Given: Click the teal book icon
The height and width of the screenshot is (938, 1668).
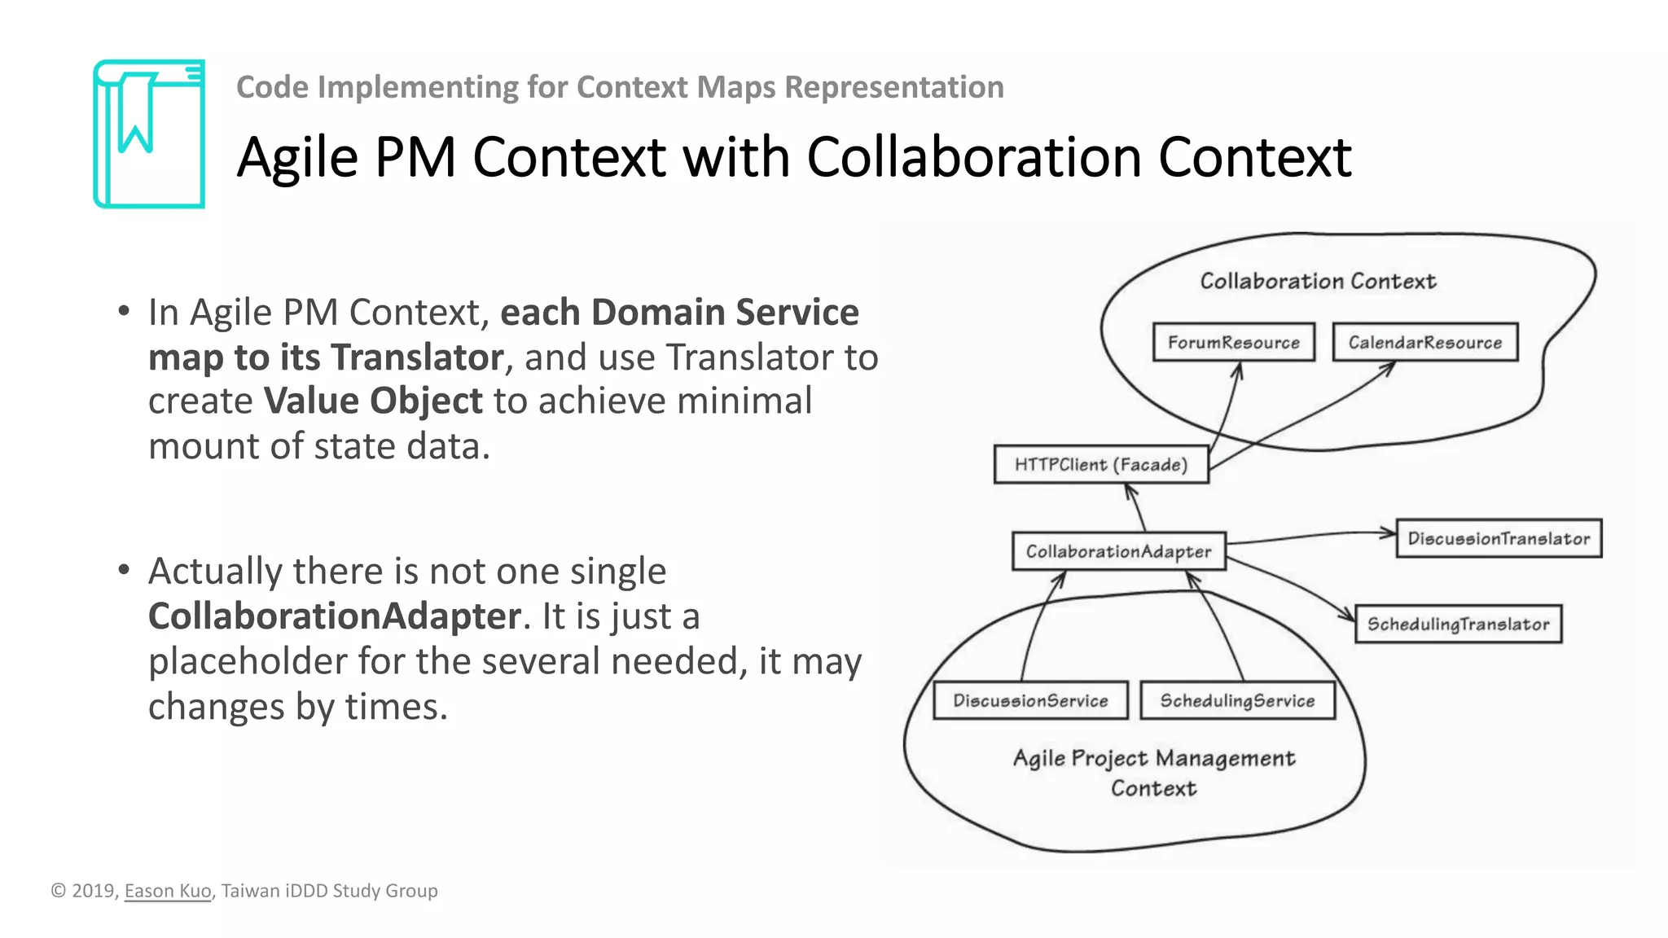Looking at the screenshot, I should pyautogui.click(x=149, y=134).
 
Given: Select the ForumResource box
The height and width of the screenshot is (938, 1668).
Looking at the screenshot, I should pyautogui.click(x=1233, y=342).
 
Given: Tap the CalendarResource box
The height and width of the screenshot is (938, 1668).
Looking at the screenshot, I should pyautogui.click(x=1424, y=342).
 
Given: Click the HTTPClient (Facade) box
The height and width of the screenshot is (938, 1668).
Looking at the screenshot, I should pyautogui.click(x=1100, y=464).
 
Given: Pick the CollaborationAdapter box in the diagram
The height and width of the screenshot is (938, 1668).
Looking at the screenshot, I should pyautogui.click(x=1118, y=551).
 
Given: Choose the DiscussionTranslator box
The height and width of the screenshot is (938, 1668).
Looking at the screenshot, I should pyautogui.click(x=1499, y=538).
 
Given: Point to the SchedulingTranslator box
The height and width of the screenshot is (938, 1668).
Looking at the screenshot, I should pyautogui.click(x=1458, y=624).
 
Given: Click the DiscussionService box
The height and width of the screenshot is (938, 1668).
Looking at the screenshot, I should pyautogui.click(x=1030, y=700).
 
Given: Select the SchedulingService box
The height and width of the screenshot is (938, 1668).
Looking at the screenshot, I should pyautogui.click(x=1237, y=700).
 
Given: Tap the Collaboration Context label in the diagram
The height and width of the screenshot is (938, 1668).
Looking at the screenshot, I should pyautogui.click(x=1318, y=281).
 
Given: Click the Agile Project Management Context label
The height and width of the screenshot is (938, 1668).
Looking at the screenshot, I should pyautogui.click(x=1153, y=773).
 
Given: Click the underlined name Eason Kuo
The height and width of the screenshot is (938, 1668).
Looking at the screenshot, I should pyautogui.click(x=168, y=891).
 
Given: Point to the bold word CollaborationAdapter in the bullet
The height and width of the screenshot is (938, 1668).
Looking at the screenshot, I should pyautogui.click(x=335, y=616).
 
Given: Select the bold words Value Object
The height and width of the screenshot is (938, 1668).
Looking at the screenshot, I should pyautogui.click(x=373, y=401).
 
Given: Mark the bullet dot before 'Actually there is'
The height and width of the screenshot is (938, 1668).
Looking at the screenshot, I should pyautogui.click(x=124, y=569).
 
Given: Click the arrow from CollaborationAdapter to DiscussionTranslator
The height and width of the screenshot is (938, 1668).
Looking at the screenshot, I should pyautogui.click(x=1311, y=536).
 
